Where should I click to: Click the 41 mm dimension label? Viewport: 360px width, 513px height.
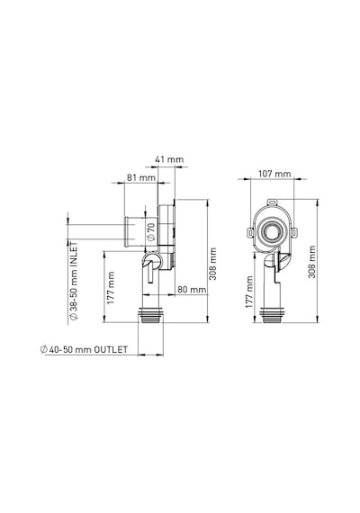click(x=169, y=159)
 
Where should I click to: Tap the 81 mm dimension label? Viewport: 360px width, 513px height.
click(x=141, y=177)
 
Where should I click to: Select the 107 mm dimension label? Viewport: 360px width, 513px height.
click(x=274, y=174)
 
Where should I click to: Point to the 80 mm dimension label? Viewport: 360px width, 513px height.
click(x=192, y=290)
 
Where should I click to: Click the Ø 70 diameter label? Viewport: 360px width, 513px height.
click(x=150, y=232)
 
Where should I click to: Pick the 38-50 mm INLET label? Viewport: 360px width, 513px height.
click(x=74, y=281)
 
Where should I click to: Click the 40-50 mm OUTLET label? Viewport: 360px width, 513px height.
click(x=84, y=349)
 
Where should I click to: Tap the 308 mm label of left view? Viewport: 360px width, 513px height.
click(x=212, y=264)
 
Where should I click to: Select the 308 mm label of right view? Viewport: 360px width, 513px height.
click(x=312, y=262)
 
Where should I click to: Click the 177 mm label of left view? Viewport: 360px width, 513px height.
click(x=111, y=288)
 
